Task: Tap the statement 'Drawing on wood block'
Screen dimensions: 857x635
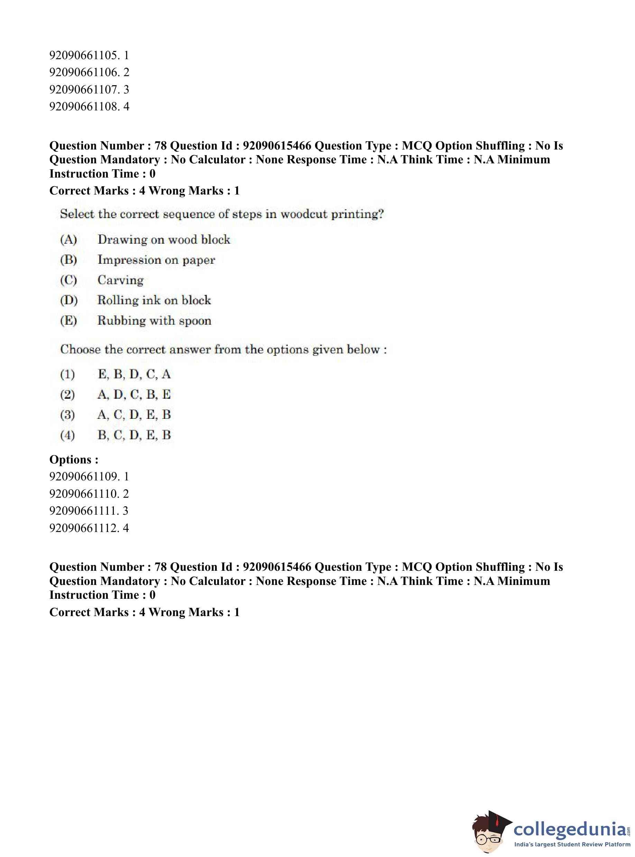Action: tap(164, 240)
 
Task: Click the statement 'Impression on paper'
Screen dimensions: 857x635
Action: tap(156, 260)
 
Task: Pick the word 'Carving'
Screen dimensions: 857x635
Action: tap(120, 280)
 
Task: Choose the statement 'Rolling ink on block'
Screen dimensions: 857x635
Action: tap(154, 300)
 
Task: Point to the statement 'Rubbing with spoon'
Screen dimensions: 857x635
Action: tap(154, 321)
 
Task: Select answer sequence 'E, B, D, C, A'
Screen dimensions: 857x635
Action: tap(134, 374)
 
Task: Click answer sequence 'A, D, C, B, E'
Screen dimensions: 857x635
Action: tap(134, 394)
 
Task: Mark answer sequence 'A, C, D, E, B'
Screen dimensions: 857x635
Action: tap(134, 415)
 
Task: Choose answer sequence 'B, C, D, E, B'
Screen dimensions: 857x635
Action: tap(134, 435)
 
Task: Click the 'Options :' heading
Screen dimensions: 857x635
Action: tap(74, 459)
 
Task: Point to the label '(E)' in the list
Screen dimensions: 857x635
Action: tap(68, 321)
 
